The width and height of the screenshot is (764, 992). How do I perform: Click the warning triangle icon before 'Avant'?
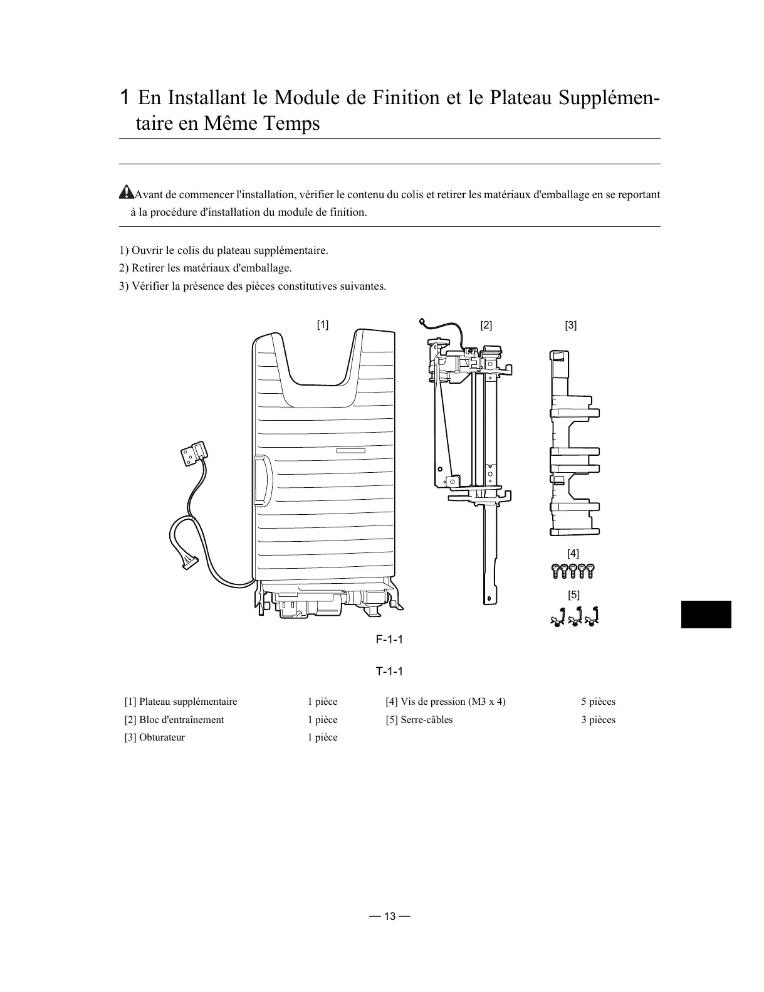(127, 193)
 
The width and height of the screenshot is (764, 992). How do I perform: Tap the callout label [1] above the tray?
(322, 324)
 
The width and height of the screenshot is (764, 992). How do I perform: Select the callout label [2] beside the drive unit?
(486, 325)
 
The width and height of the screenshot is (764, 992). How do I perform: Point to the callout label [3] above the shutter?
(570, 325)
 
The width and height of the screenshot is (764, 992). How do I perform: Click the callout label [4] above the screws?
(573, 553)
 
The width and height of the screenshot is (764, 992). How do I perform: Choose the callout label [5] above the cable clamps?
(573, 594)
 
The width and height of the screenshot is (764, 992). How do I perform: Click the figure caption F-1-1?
(389, 640)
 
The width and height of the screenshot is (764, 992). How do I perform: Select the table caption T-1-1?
(389, 672)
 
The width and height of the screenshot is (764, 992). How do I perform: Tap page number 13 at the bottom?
(390, 916)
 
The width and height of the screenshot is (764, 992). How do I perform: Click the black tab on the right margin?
(706, 614)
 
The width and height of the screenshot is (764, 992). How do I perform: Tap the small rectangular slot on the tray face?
(350, 450)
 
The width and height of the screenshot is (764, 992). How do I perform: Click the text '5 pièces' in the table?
(598, 702)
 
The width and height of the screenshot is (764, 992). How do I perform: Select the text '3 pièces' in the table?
(598, 720)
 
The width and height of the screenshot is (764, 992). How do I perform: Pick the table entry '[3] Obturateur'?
(155, 737)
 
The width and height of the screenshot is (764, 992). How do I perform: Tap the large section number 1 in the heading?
(125, 97)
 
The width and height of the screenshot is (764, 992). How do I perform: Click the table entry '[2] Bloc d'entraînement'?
(174, 720)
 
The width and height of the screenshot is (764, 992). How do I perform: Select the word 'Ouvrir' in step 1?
(146, 250)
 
